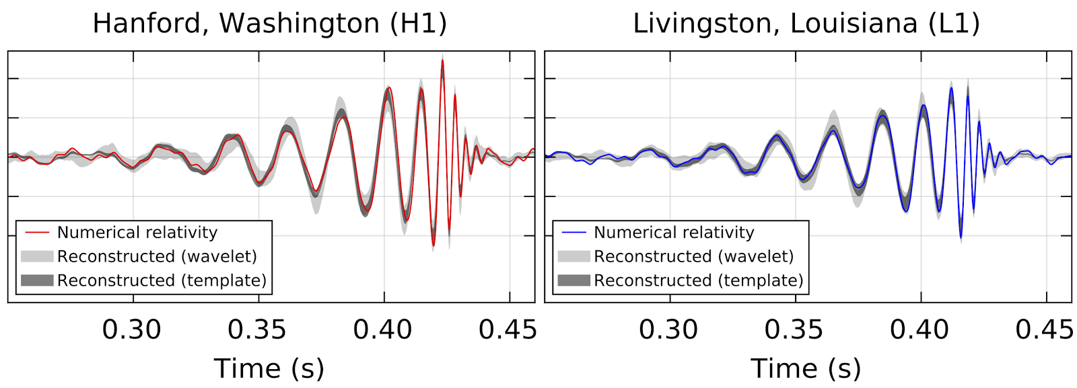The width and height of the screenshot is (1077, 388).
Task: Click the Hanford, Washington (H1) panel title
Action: click(269, 24)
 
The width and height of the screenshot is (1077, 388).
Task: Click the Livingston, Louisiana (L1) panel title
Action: click(806, 24)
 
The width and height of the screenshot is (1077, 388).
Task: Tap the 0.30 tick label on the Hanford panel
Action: click(132, 329)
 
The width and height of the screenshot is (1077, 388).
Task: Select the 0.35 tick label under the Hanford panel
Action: click(257, 329)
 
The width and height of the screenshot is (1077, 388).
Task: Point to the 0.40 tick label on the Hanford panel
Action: click(383, 329)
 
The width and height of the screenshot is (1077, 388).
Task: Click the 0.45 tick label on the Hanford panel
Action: click(508, 329)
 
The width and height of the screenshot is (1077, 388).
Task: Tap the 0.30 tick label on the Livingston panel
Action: click(668, 329)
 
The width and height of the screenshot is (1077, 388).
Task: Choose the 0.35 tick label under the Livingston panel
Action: click(794, 329)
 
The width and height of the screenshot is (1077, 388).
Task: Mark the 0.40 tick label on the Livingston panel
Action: click(919, 329)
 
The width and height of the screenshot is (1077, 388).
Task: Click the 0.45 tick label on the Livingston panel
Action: click(1044, 329)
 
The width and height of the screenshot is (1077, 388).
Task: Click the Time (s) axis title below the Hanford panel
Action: click(269, 368)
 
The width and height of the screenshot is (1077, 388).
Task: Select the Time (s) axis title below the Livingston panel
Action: click(806, 368)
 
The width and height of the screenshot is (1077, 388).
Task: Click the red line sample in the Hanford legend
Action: click(37, 233)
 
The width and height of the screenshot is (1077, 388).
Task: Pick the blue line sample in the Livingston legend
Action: click(574, 233)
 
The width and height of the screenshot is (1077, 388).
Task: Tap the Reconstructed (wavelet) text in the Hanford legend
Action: click(157, 256)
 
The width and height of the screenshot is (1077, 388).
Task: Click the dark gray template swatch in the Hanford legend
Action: click(37, 280)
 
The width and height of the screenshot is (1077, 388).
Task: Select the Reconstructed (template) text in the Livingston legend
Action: click(698, 280)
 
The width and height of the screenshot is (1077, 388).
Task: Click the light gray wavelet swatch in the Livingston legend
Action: click(574, 256)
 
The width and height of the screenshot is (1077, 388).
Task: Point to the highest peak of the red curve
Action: click(442, 61)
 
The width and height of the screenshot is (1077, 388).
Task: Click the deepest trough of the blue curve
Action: click(961, 237)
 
